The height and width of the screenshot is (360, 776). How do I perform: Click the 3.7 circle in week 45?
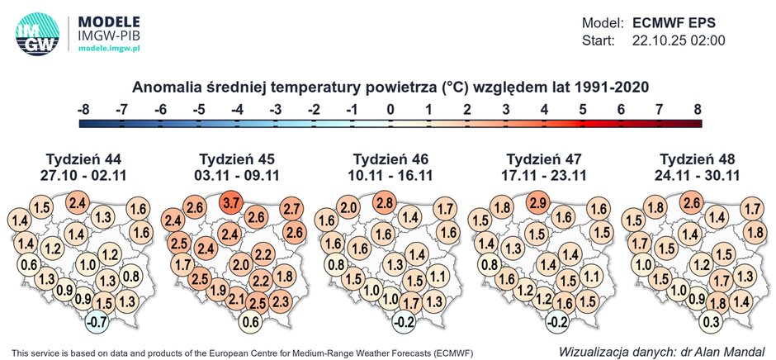pyautogui.click(x=230, y=202)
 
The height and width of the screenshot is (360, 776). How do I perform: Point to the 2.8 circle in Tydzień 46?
pyautogui.click(x=383, y=202)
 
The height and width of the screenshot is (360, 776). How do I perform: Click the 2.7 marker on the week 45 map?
pyautogui.click(x=291, y=208)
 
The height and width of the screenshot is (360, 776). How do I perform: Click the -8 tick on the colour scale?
pyautogui.click(x=83, y=108)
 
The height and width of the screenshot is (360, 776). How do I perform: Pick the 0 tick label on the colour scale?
pyautogui.click(x=390, y=108)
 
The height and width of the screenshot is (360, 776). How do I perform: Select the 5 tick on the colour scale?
pyautogui.click(x=582, y=108)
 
